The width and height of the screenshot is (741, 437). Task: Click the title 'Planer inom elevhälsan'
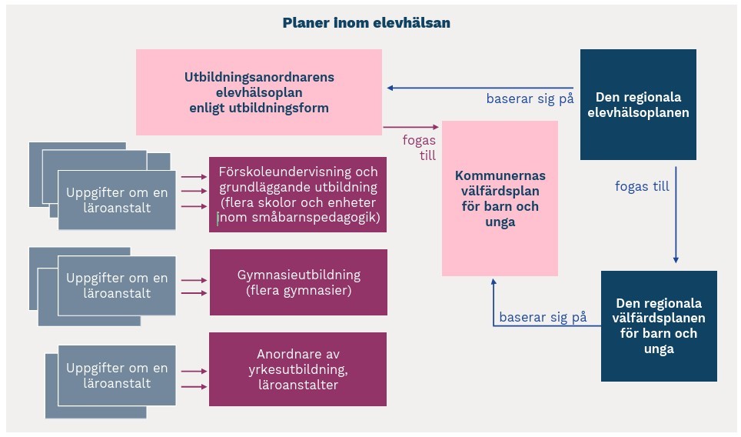367,23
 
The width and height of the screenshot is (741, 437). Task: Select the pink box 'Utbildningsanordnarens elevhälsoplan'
259,92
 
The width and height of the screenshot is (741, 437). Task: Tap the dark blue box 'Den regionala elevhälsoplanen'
638,105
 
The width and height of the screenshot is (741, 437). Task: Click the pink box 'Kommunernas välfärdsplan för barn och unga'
500,198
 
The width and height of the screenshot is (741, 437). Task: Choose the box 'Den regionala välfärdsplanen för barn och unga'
659,326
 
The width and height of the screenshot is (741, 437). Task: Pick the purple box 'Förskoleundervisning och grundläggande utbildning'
297,195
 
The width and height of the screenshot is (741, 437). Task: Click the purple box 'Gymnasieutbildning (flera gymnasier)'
297,282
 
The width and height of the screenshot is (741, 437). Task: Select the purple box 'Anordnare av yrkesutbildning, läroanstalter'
297,369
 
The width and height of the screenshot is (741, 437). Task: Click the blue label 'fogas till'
642,186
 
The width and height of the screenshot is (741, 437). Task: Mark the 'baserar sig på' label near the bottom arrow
543,316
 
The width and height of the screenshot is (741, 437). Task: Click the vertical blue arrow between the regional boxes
676,215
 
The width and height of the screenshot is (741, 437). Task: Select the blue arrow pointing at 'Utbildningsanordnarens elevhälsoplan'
480,88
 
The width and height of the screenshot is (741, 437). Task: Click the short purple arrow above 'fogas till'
410,127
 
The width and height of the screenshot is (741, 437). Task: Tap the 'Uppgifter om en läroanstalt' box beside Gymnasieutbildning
117,285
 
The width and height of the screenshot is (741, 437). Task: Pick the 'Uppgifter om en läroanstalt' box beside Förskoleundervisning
117,199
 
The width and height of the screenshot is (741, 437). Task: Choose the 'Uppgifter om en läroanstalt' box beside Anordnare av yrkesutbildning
117,375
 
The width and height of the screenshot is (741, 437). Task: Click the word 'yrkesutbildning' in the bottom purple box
297,369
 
